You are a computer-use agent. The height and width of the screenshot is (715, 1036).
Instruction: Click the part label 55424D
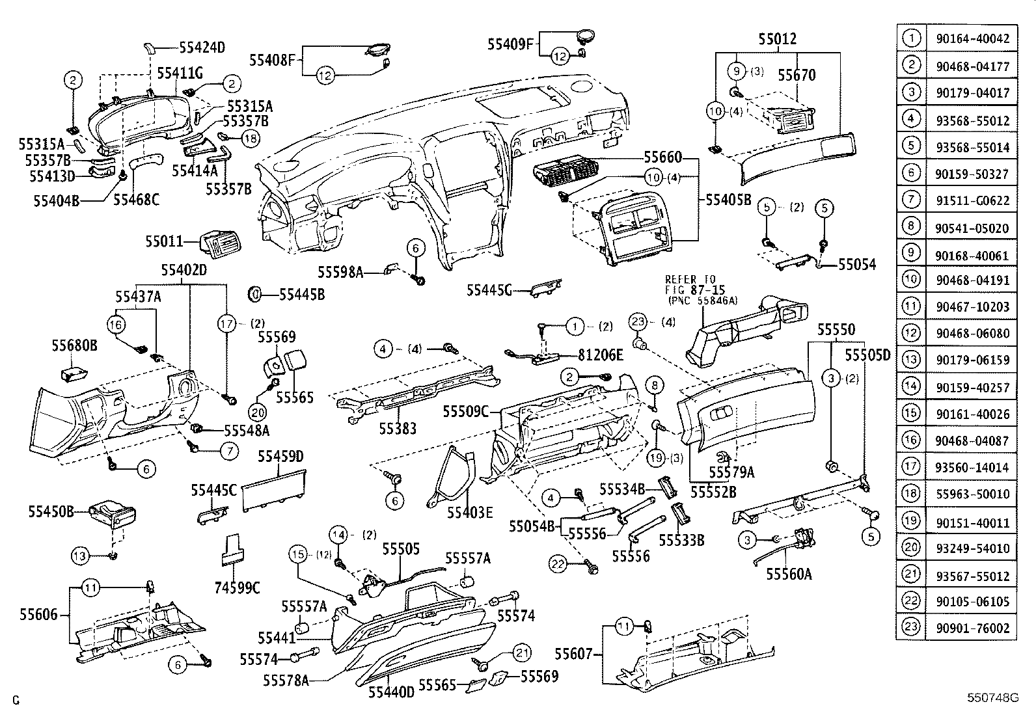click(202, 47)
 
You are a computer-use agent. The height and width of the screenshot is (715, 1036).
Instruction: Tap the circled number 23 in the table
click(912, 627)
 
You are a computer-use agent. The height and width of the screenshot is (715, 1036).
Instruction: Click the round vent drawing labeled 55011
click(219, 244)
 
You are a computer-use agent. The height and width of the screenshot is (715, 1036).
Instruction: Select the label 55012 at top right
click(777, 39)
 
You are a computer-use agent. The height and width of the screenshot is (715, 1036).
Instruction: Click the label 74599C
click(237, 588)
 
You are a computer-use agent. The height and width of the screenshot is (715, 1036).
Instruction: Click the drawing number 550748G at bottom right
click(991, 698)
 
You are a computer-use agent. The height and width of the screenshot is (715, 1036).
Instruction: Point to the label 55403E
click(470, 512)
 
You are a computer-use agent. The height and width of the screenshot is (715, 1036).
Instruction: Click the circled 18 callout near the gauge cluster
click(250, 138)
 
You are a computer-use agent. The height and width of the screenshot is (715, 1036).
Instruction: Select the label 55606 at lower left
click(38, 614)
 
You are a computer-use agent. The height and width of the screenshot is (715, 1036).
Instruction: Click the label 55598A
click(340, 272)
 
